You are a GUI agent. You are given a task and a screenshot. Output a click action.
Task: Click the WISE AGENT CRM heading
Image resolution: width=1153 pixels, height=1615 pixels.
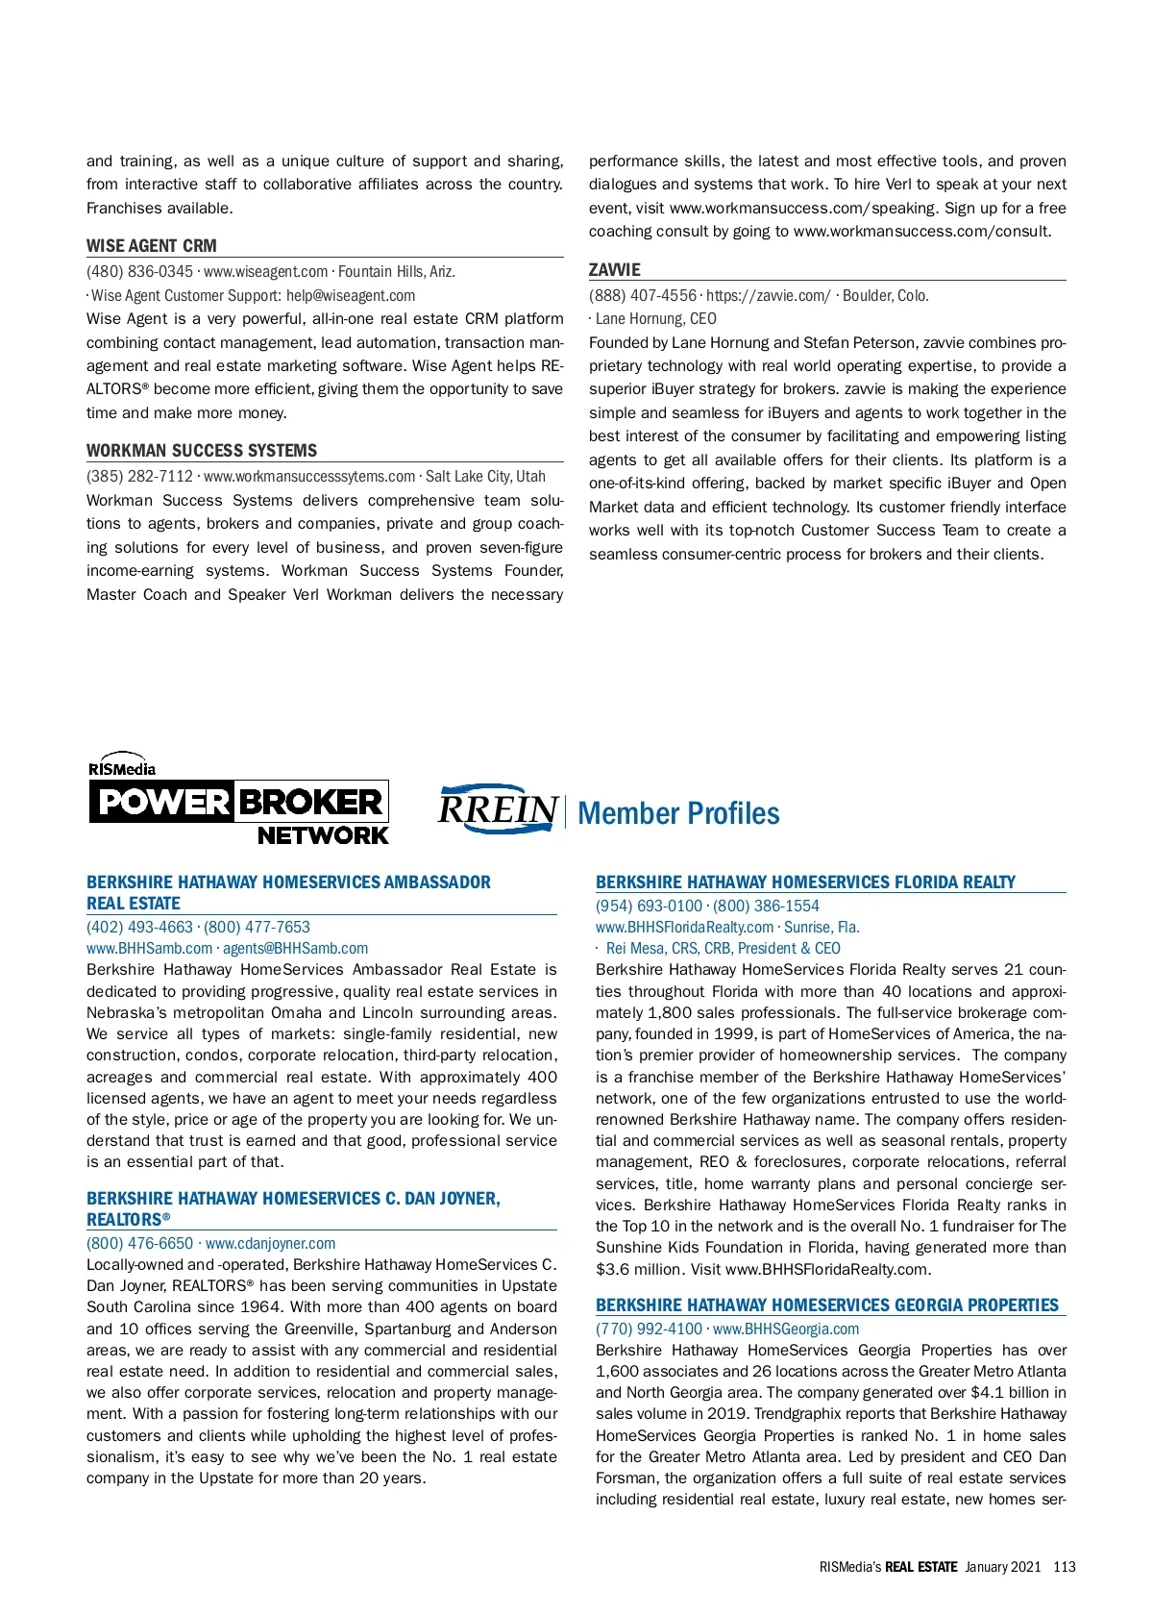coord(152,245)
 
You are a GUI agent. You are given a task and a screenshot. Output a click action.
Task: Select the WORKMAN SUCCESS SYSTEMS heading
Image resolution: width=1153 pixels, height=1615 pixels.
coord(202,450)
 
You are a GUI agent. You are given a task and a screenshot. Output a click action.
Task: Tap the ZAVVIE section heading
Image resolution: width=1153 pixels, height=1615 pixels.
coord(615,269)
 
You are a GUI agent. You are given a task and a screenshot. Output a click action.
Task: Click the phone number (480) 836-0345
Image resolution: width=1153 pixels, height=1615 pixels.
coord(139,272)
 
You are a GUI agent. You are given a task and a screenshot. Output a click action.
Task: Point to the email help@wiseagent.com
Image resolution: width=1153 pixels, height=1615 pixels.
coord(351,295)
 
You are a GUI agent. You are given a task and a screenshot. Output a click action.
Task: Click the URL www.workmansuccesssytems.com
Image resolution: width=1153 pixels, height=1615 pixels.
coord(309,476)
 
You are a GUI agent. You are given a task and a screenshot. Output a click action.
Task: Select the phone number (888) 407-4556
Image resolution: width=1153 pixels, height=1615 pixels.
coord(643,295)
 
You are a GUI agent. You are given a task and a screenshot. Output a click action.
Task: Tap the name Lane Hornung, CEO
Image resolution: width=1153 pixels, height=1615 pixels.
coord(656,318)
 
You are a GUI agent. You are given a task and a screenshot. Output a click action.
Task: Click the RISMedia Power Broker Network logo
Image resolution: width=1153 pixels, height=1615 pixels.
coord(238,800)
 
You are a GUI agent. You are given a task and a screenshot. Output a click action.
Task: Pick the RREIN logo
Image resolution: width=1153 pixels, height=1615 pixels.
coord(498,809)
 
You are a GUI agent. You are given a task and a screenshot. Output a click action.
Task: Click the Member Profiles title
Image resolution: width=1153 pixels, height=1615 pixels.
coord(678,813)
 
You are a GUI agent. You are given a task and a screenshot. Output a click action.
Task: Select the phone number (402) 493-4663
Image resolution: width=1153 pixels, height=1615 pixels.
coord(139,927)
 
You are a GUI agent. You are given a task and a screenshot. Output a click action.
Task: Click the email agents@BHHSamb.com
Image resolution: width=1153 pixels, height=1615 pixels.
coord(296,948)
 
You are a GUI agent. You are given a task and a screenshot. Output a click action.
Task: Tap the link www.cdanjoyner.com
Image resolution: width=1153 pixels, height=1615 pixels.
coord(271,1243)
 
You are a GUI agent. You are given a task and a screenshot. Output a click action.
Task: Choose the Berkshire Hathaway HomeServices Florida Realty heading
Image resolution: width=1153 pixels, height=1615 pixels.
coord(805,882)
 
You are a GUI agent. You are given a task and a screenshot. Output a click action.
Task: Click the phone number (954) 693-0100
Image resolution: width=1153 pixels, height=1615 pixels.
coord(649,906)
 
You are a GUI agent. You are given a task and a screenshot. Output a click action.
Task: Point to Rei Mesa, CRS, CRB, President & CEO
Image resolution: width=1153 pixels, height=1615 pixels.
coord(723,948)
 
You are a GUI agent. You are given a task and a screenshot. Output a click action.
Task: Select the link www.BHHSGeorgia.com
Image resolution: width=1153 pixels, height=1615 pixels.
coord(786,1329)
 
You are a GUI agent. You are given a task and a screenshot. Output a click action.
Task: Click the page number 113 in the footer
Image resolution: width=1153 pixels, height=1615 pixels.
coord(1065,1566)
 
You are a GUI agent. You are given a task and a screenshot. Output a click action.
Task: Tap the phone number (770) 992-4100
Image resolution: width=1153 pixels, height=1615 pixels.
coord(649,1329)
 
